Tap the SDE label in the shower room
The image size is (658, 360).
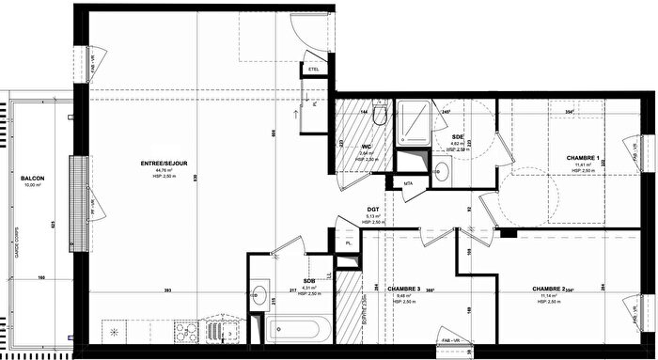coord(458,137)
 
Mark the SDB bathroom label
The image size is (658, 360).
coord(309,280)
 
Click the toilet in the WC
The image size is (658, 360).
coord(379,116)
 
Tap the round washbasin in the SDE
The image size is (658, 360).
coord(442,169)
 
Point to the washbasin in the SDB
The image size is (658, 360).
coord(258,291)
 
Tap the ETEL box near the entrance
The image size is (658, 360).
coord(313,68)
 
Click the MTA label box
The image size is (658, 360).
coord(409,183)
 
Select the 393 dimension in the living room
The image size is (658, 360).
coord(165,289)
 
